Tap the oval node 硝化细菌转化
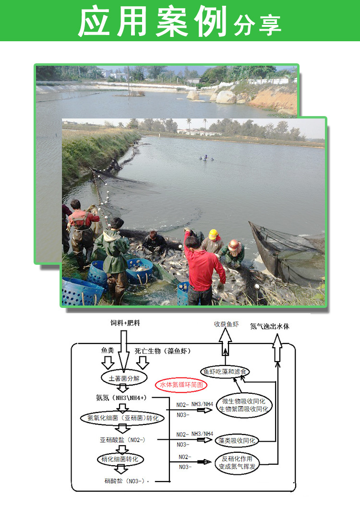(x=122, y=459)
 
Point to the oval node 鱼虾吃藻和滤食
(x=225, y=372)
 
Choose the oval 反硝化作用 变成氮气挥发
(x=240, y=464)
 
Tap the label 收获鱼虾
(x=226, y=324)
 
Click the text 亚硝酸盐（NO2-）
(x=122, y=439)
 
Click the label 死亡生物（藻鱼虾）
(x=162, y=351)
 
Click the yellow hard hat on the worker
(x=213, y=235)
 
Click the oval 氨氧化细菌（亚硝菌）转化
(x=122, y=418)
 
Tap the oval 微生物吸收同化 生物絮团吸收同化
(x=244, y=405)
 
